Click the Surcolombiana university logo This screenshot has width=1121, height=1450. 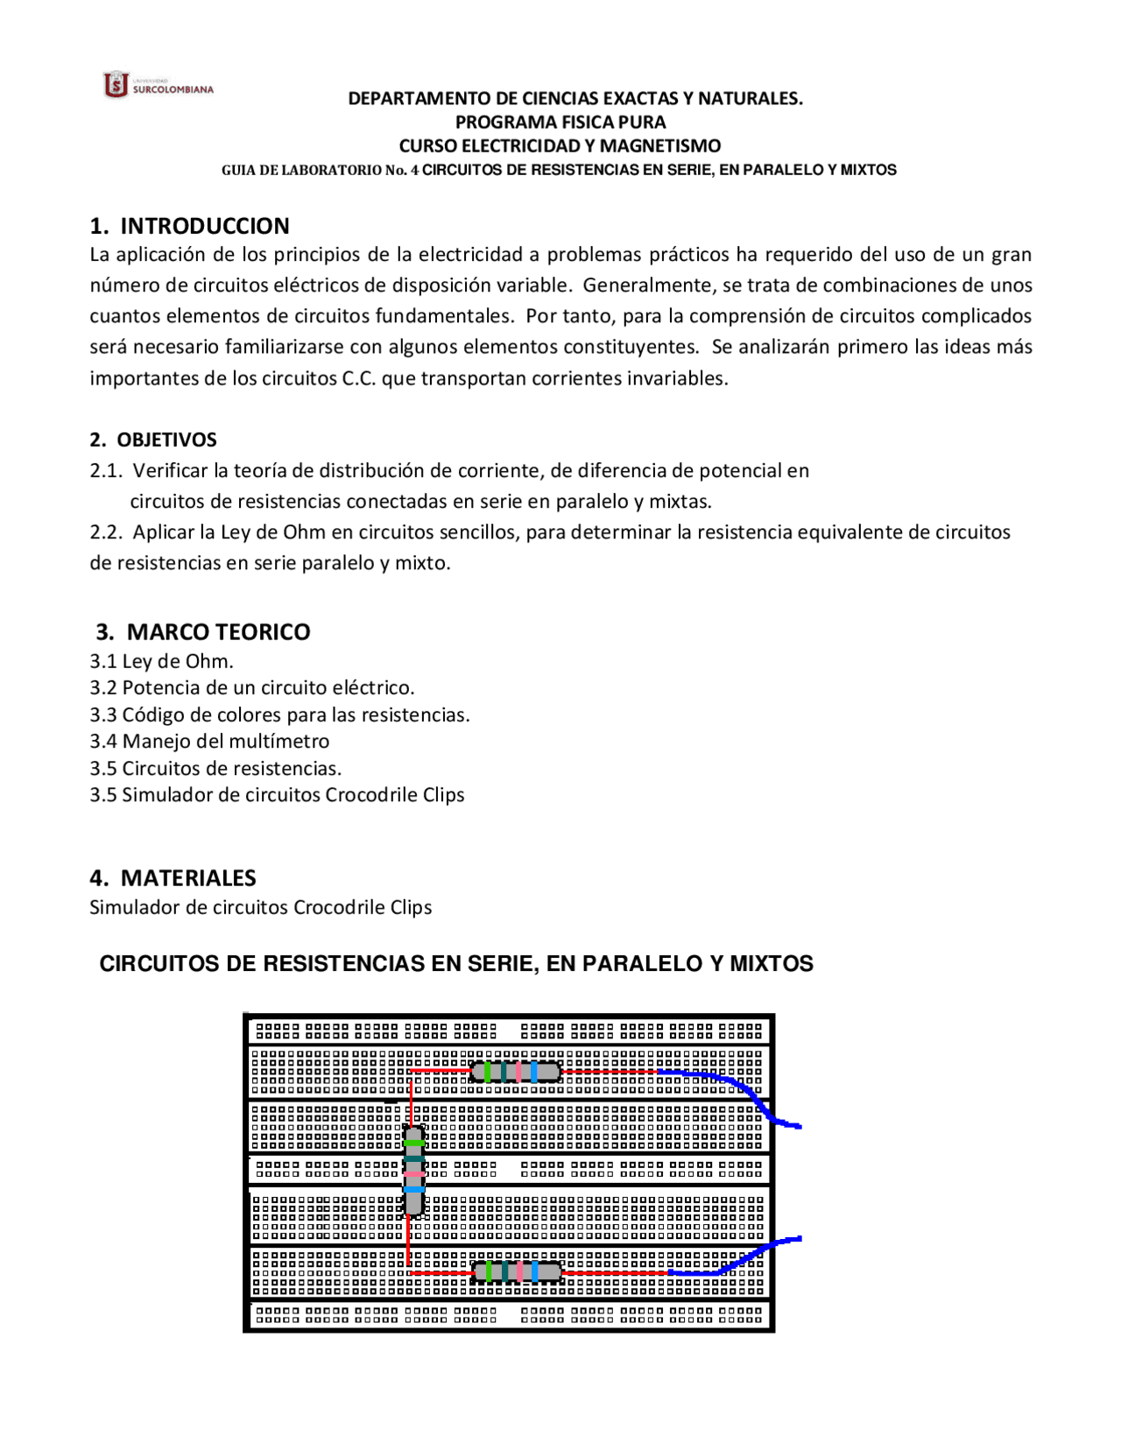tap(158, 85)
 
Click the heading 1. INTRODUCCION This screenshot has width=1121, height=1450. tap(189, 226)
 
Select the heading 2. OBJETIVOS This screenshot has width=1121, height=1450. tap(153, 440)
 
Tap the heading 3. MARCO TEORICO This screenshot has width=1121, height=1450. tap(202, 631)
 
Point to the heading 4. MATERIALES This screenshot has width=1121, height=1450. tap(173, 877)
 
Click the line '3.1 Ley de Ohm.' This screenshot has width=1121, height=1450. tap(161, 661)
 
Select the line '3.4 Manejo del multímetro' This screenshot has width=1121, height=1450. tap(209, 741)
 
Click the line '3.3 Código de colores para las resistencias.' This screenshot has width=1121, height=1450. tap(279, 714)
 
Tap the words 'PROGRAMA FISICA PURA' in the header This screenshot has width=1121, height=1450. tap(560, 122)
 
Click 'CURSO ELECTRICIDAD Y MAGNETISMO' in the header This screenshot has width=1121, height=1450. tap(560, 145)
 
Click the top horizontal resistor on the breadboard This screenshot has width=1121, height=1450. tap(516, 1071)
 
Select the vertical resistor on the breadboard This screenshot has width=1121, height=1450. tap(414, 1171)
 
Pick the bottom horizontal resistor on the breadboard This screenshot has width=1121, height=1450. tap(517, 1271)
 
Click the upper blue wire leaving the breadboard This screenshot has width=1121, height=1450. tap(744, 1089)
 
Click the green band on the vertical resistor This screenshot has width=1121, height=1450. tap(414, 1143)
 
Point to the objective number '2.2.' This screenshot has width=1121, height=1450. tap(105, 532)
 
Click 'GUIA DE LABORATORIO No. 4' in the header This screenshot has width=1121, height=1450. tap(320, 170)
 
